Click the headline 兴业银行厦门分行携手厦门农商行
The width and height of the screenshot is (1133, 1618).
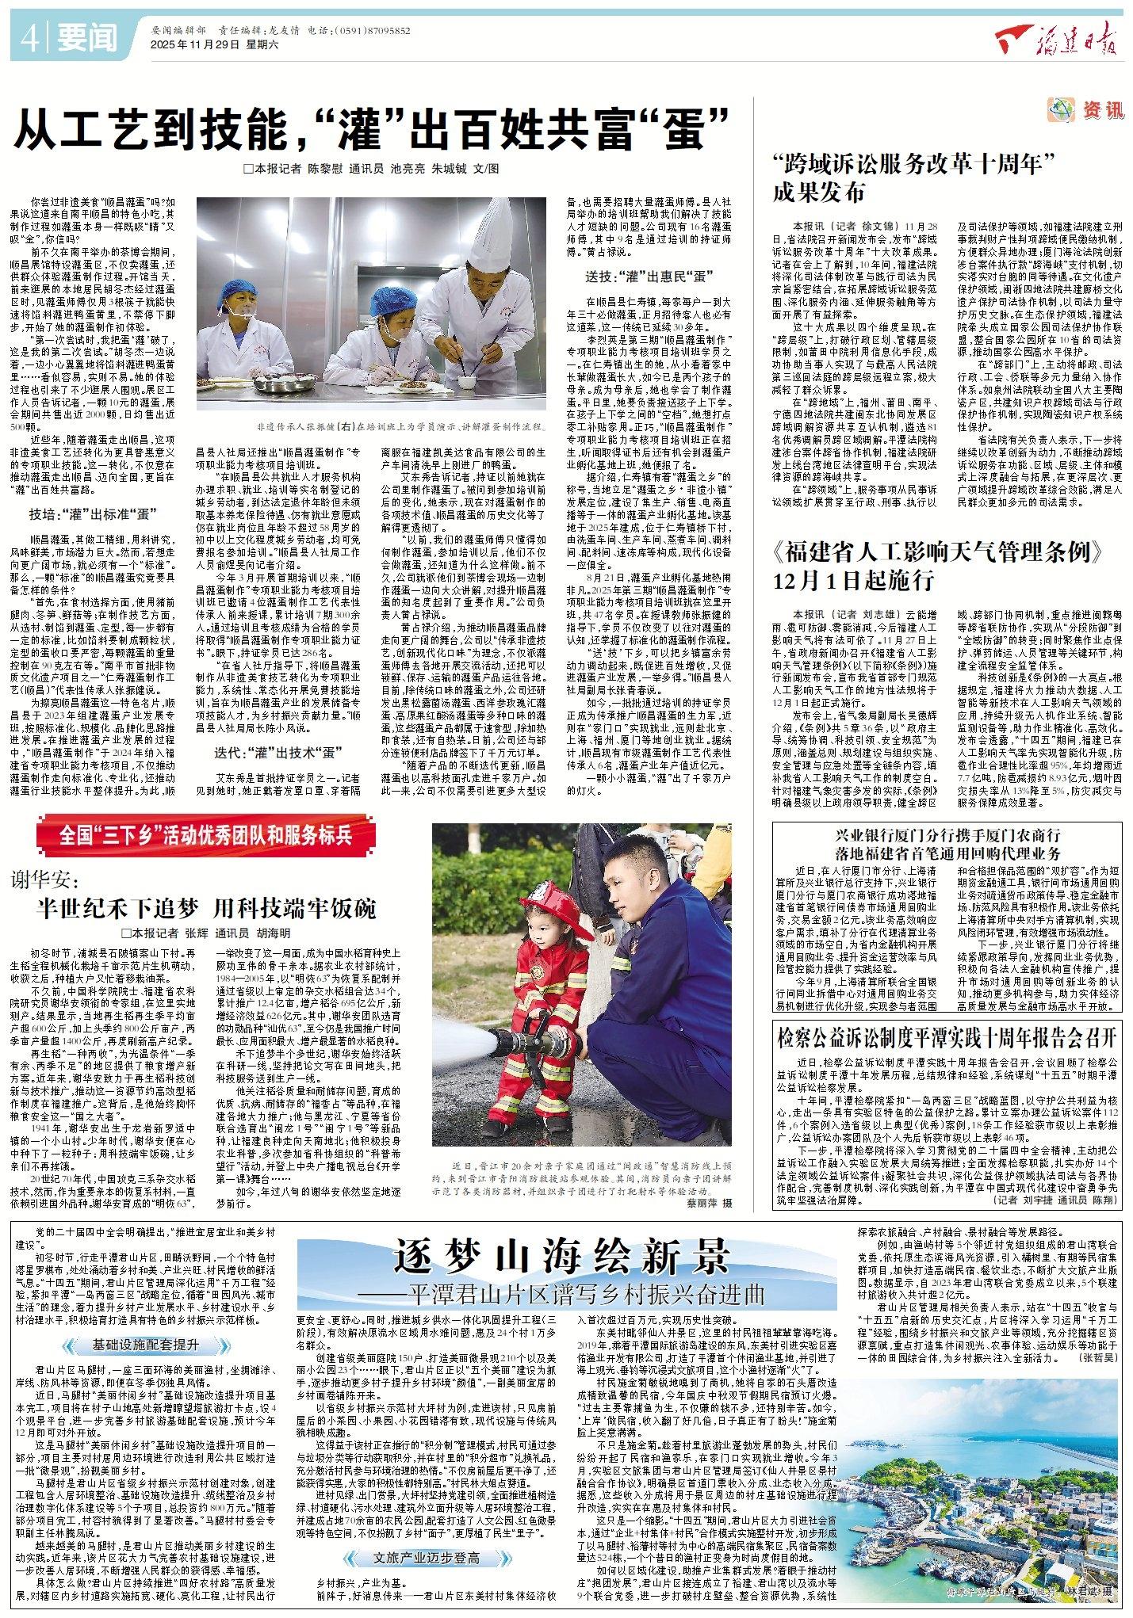tap(947, 835)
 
